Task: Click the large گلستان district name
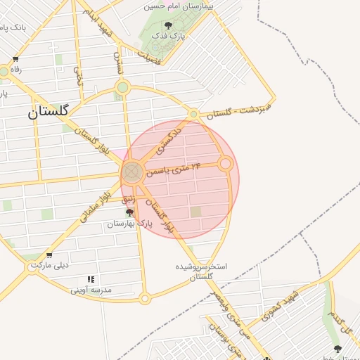(49, 111)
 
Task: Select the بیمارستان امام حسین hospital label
(178, 6)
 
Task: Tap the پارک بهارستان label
(129, 224)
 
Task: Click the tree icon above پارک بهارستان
(129, 212)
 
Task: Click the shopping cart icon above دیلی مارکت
(49, 255)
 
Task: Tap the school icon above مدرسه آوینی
(91, 278)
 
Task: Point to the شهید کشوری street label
(273, 304)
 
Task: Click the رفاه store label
(15, 70)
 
